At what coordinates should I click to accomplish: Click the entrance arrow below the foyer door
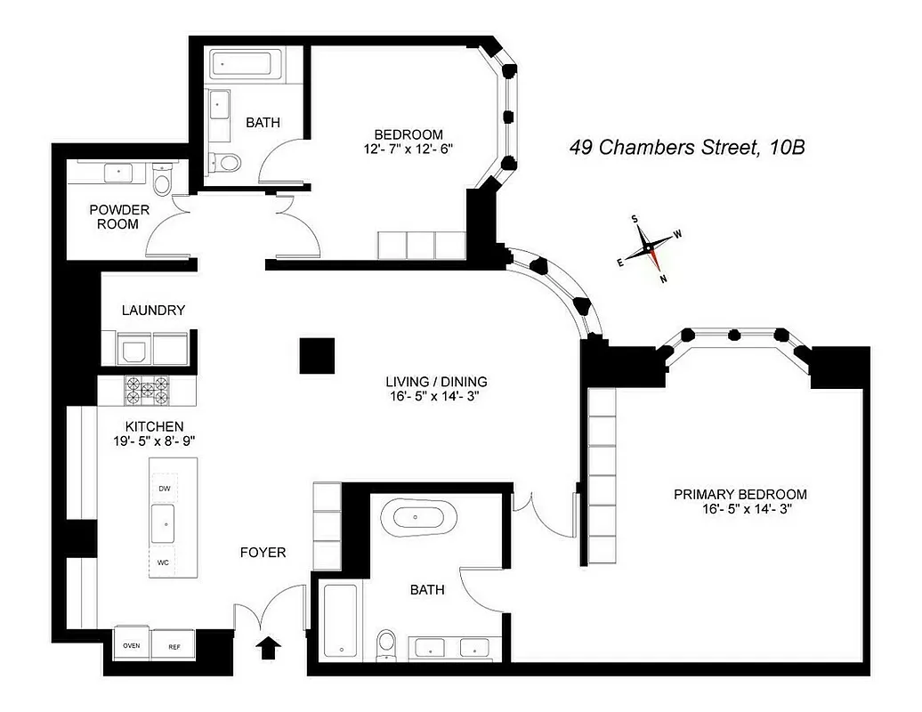tap(267, 647)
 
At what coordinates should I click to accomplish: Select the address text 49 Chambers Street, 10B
tap(687, 147)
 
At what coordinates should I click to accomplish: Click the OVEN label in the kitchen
tap(131, 646)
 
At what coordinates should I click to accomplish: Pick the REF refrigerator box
tap(174, 646)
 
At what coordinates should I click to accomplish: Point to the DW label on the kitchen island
tap(164, 489)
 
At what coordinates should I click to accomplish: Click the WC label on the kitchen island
tap(164, 562)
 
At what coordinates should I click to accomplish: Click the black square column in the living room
tap(317, 356)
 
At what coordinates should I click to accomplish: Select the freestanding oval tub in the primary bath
tap(418, 517)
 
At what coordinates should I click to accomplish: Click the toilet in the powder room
tap(162, 182)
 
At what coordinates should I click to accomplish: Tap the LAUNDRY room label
tap(153, 311)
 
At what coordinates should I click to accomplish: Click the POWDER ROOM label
tap(119, 217)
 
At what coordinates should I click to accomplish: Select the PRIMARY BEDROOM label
tap(740, 495)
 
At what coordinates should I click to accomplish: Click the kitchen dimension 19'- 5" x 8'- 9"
tap(148, 441)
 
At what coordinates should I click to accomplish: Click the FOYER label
tap(263, 553)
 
